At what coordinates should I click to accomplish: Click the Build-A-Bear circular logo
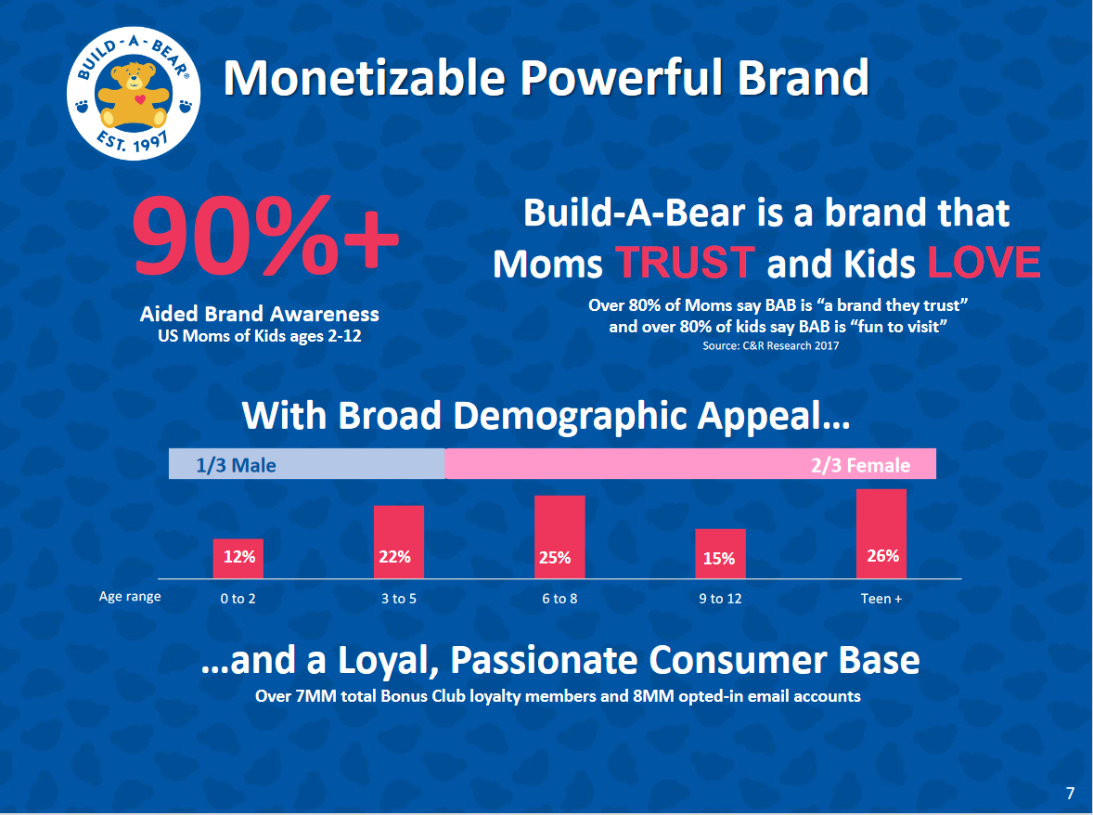pos(133,94)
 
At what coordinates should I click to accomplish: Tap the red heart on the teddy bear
pos(140,99)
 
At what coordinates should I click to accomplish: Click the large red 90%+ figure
pos(265,236)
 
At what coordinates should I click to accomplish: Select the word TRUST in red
pos(685,263)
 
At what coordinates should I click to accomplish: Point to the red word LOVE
pos(984,263)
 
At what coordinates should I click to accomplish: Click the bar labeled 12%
pos(238,559)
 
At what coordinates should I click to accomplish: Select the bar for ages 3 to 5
pos(399,542)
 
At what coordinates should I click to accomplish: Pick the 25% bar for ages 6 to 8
pos(559,537)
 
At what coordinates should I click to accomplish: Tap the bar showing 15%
pos(720,553)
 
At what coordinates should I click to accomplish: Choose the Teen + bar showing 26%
pos(881,534)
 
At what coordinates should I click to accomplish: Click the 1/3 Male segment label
pos(236,465)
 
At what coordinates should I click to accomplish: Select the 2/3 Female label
pos(860,465)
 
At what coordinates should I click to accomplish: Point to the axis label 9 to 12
pos(720,598)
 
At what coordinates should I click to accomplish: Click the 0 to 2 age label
pos(238,598)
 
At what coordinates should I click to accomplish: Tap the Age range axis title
pos(130,597)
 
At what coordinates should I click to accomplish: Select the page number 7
pos(1070,793)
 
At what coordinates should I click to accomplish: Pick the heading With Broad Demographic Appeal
pos(546,416)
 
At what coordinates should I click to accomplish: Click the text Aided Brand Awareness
pos(259,314)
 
